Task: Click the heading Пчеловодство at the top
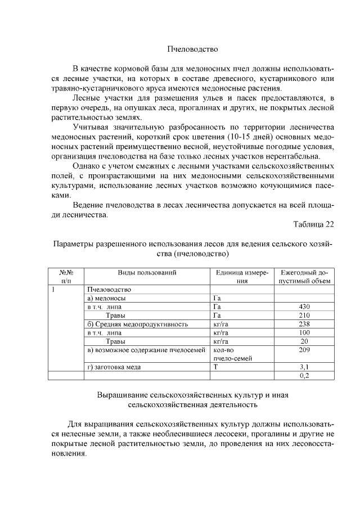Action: pos(192,49)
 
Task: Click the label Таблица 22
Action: pos(314,224)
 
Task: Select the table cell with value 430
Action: pos(304,307)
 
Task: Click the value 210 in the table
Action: pos(304,316)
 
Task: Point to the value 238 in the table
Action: pos(304,324)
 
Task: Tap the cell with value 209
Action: pos(304,350)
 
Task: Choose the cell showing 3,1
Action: pos(304,367)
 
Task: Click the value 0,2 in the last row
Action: pos(304,376)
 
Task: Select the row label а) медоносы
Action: pos(107,298)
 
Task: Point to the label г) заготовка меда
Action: pos(114,367)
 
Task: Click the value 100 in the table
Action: pos(304,333)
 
